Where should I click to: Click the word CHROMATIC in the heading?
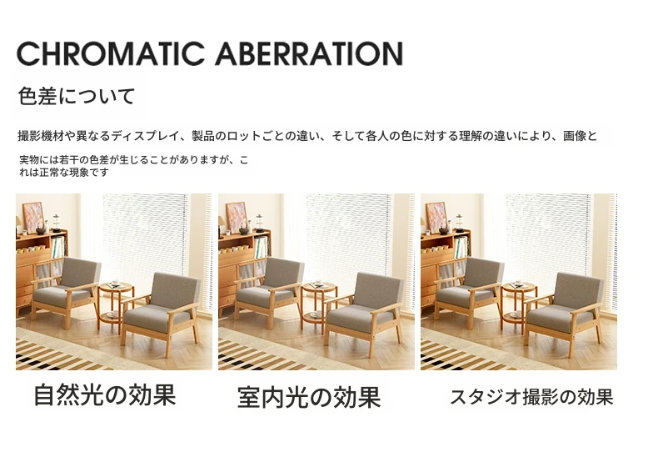click(x=111, y=53)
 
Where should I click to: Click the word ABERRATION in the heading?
click(x=309, y=53)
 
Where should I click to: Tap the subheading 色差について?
click(x=77, y=96)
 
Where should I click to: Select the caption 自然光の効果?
click(x=104, y=394)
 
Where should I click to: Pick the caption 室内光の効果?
click(x=309, y=397)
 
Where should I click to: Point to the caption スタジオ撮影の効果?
click(x=531, y=397)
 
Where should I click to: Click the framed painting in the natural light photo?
click(x=32, y=217)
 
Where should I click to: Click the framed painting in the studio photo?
click(x=436, y=217)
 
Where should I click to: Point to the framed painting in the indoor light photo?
click(x=237, y=217)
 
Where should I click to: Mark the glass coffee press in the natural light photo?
click(x=57, y=223)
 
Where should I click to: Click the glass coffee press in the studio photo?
click(x=460, y=223)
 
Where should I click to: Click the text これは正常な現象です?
click(x=64, y=173)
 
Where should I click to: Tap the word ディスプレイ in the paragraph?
click(x=145, y=136)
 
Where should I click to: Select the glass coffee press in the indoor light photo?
click(x=259, y=223)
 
